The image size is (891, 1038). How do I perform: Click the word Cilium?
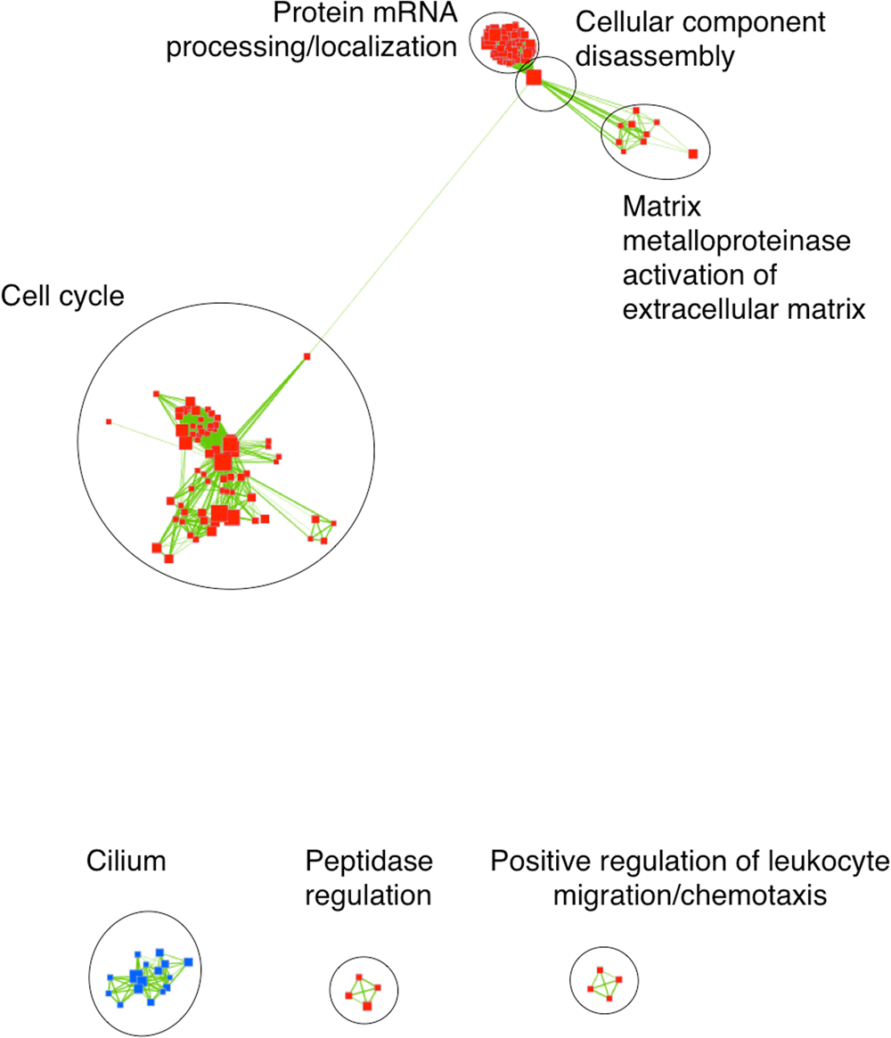pyautogui.click(x=127, y=862)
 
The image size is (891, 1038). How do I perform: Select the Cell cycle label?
pyautogui.click(x=62, y=297)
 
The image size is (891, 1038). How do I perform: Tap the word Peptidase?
pyautogui.click(x=369, y=862)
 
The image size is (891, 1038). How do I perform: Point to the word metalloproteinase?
pyautogui.click(x=736, y=242)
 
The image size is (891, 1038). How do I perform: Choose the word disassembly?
pyautogui.click(x=655, y=56)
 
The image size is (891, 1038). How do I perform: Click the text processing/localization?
pyautogui.click(x=312, y=45)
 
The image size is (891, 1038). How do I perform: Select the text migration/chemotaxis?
pyautogui.click(x=691, y=894)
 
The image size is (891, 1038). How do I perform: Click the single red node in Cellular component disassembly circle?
pyautogui.click(x=533, y=78)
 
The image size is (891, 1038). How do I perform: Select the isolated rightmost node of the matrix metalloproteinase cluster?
pyautogui.click(x=693, y=154)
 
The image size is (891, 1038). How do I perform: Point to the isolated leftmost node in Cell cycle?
pyautogui.click(x=109, y=421)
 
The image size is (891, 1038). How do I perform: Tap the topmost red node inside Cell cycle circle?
pyautogui.click(x=307, y=356)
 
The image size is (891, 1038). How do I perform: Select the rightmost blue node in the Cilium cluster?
pyautogui.click(x=190, y=960)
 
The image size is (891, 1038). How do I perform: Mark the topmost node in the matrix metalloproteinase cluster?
pyautogui.click(x=637, y=111)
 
